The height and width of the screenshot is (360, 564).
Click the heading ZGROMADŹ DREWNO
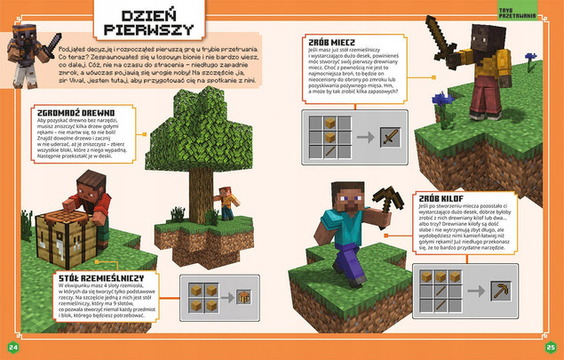(52, 112)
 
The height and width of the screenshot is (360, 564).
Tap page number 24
(12, 346)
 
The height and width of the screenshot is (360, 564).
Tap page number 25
(551, 346)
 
